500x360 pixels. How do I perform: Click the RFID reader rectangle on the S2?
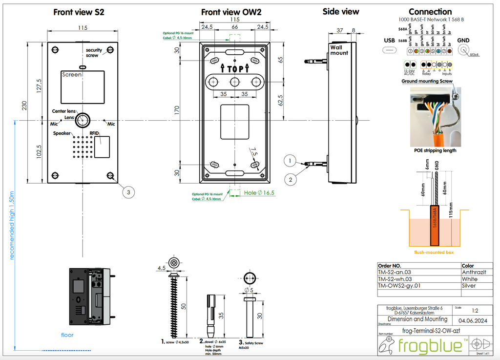[x=102, y=147]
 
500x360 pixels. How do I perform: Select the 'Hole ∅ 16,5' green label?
[x=259, y=193]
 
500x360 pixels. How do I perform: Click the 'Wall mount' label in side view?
[x=340, y=50]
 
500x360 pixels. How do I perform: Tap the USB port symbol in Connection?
[x=390, y=50]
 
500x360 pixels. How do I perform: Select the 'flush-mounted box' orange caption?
[x=434, y=253]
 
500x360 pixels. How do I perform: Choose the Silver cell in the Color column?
[x=468, y=286]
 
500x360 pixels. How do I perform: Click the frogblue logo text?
[x=430, y=345]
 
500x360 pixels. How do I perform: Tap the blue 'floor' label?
[x=67, y=335]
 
